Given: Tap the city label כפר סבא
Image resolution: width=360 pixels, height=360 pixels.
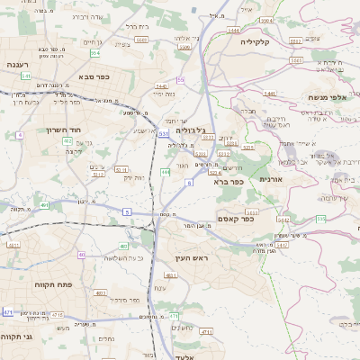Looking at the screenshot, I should coord(94,76).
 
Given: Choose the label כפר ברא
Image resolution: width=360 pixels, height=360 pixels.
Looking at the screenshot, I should coord(229,181).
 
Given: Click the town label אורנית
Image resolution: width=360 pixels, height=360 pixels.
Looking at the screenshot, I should coord(271,180).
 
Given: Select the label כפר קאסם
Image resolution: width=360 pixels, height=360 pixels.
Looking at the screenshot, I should coord(236,218).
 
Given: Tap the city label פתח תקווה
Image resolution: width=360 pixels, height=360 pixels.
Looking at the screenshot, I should coord(28,284).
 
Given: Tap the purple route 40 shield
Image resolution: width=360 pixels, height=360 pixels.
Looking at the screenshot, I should coord(81,255).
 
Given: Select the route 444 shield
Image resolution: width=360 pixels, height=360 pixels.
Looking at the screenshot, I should coord(166,171).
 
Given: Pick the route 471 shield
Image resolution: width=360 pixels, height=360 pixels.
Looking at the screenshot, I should coord(8,311).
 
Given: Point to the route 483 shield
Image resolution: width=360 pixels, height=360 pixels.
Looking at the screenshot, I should coord(123,246).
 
